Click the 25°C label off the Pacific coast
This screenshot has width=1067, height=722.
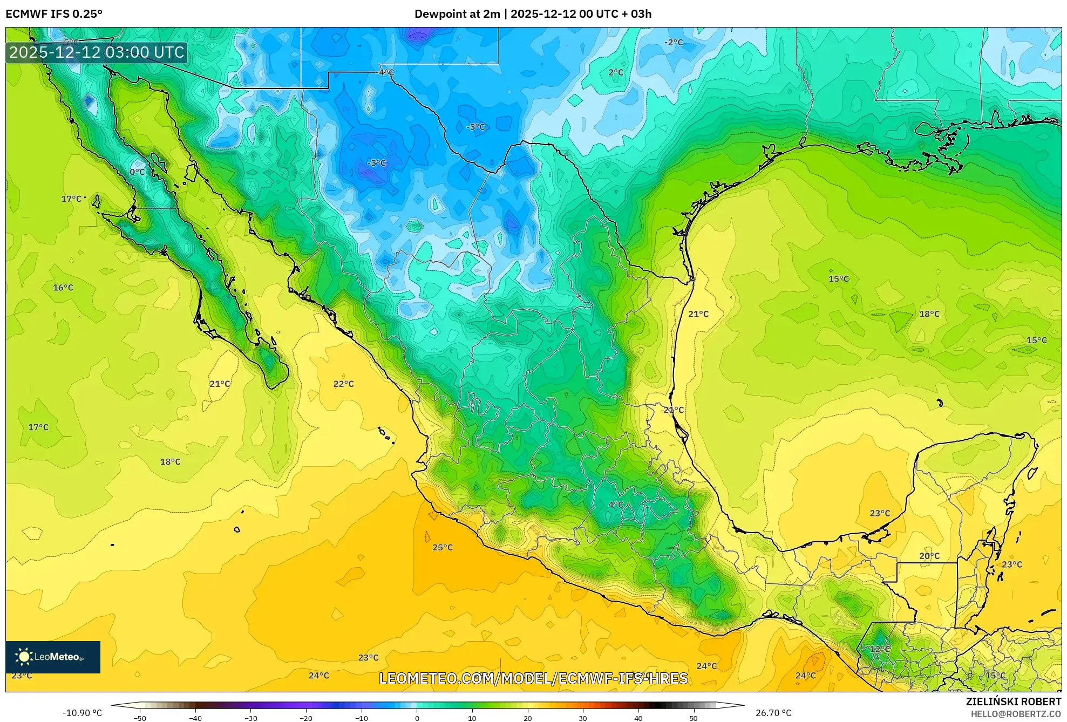[x=442, y=547]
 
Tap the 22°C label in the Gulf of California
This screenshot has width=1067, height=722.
[x=343, y=384]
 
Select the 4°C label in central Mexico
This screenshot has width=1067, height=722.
[x=615, y=505]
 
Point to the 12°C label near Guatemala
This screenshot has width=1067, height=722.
[x=880, y=649]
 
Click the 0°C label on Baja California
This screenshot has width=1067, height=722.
[x=137, y=172]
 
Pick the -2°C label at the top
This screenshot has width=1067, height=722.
[x=673, y=42]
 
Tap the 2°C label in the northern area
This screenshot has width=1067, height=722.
[x=615, y=72]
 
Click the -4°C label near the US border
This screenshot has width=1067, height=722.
[x=385, y=72]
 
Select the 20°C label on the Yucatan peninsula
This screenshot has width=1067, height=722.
[x=929, y=556]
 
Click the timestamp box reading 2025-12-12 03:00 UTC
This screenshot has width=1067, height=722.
[x=97, y=52]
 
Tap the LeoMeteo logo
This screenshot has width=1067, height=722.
[x=53, y=657]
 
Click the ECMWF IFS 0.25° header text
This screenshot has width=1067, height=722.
[x=54, y=13]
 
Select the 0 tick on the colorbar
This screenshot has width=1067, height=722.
[x=417, y=718]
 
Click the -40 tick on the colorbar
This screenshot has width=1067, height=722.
[x=195, y=718]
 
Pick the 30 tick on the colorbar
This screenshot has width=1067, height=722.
[x=583, y=718]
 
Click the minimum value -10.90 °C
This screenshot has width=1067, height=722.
[x=82, y=713]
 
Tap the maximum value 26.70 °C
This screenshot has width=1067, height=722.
[x=773, y=713]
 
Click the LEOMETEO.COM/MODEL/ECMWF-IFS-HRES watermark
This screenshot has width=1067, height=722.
[x=533, y=678]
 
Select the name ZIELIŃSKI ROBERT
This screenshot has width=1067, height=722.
[x=1013, y=701]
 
